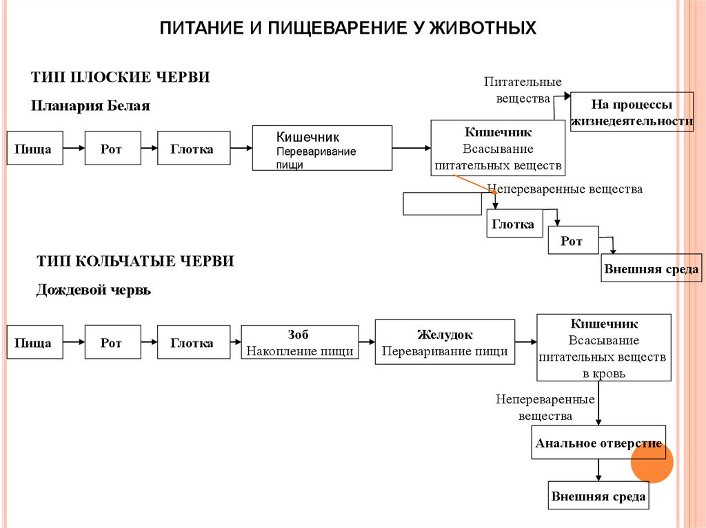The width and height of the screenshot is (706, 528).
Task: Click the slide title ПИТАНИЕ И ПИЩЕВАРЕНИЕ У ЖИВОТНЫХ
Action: coord(347,28)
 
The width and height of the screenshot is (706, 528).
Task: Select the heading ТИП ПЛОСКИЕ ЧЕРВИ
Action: coord(121,77)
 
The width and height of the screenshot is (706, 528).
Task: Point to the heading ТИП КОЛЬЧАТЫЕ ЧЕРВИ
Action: coord(135,261)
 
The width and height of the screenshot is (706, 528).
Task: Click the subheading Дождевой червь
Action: coord(94,290)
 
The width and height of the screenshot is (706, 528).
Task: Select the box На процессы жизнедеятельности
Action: coord(632,113)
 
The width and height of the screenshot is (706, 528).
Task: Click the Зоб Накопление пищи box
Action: coord(299,343)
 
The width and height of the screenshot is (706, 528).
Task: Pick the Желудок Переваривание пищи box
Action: coord(445,342)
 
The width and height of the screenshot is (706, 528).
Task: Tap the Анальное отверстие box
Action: coord(598,443)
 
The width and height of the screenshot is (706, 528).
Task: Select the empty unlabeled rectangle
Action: coord(442,204)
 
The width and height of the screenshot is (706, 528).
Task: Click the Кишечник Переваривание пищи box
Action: coord(322,147)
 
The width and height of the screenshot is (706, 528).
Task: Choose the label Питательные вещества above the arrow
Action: coord(522,90)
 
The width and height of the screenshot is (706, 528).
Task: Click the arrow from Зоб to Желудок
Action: coord(367,342)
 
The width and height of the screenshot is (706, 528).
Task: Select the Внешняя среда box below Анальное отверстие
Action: coord(598,496)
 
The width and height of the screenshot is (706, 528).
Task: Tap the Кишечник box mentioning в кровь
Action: coord(604,348)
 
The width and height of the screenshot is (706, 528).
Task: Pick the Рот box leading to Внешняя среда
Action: coord(572,242)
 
